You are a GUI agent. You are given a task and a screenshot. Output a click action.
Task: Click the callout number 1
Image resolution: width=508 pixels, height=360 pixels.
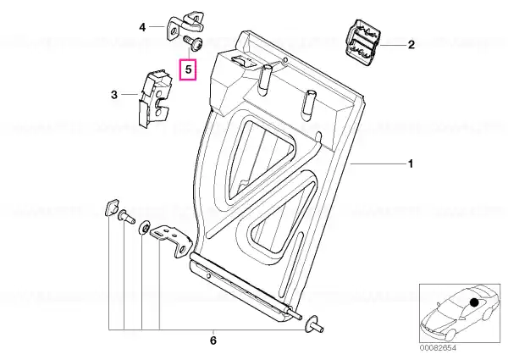coord(411,164)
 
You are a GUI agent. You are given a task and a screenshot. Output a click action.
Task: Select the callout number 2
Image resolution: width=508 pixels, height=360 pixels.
coord(411,44)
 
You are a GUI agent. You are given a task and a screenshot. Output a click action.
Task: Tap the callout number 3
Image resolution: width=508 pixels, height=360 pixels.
coord(114,95)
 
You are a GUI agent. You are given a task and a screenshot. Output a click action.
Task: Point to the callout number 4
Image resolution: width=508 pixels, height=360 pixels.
coord(142,28)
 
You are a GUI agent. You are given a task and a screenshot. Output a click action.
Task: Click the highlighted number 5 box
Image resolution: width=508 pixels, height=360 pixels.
coord(188,69)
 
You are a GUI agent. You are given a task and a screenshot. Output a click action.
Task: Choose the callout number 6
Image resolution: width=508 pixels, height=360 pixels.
coord(213,341)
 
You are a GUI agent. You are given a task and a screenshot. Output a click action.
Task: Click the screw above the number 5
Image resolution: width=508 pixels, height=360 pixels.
coord(192,43)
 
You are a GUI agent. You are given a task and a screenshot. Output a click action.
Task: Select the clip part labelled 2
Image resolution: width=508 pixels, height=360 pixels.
coord(361,40)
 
